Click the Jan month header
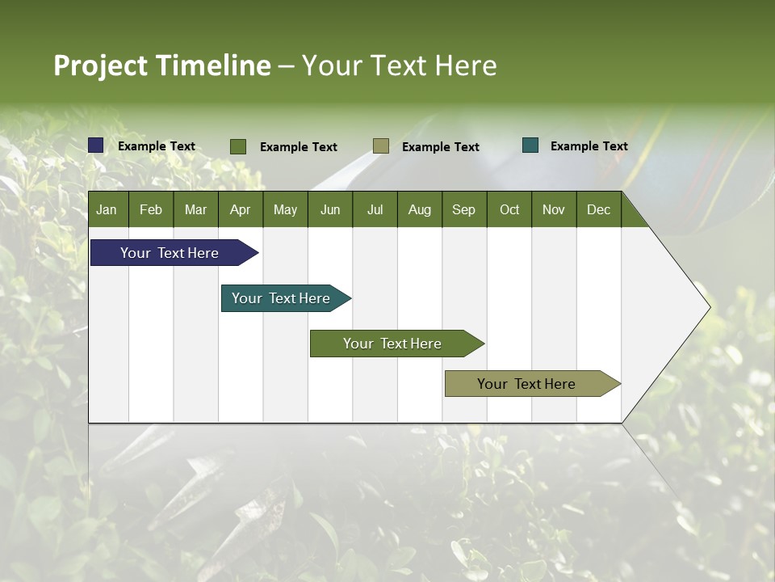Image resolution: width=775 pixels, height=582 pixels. (x=107, y=209)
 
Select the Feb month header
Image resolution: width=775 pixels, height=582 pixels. (x=151, y=209)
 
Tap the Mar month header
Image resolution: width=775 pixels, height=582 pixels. (x=195, y=209)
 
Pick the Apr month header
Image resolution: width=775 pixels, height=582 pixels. (x=240, y=209)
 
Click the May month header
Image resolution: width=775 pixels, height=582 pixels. (x=285, y=209)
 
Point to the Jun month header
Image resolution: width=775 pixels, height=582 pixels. (x=330, y=209)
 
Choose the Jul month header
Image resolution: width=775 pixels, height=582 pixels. (x=375, y=209)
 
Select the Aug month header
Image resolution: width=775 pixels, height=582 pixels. (x=419, y=209)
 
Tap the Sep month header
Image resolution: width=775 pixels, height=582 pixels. (x=463, y=209)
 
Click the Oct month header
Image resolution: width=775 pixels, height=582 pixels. (x=509, y=209)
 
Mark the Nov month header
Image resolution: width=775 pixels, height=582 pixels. (x=554, y=209)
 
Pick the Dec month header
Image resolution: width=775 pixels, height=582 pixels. (x=598, y=209)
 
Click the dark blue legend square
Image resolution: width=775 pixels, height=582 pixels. (x=96, y=145)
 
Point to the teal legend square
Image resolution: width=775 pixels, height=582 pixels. (x=530, y=145)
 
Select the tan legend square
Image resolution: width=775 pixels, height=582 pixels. (x=381, y=145)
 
